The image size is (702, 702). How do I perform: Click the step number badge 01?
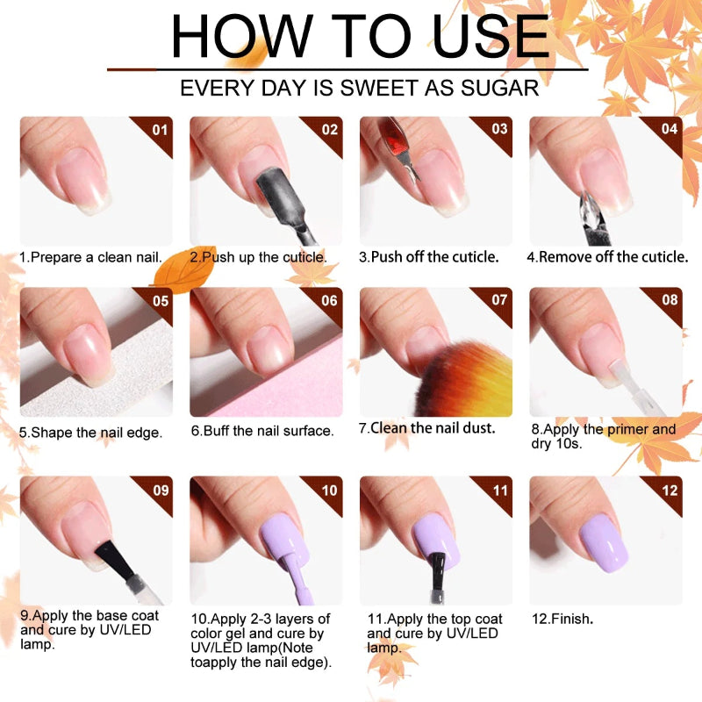(159, 129)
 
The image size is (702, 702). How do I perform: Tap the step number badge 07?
(499, 300)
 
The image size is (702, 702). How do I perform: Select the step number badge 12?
(669, 490)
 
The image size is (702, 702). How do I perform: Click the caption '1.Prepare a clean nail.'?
(90, 257)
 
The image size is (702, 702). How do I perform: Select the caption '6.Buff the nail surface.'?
(262, 431)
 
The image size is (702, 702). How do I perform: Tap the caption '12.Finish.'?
(562, 619)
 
